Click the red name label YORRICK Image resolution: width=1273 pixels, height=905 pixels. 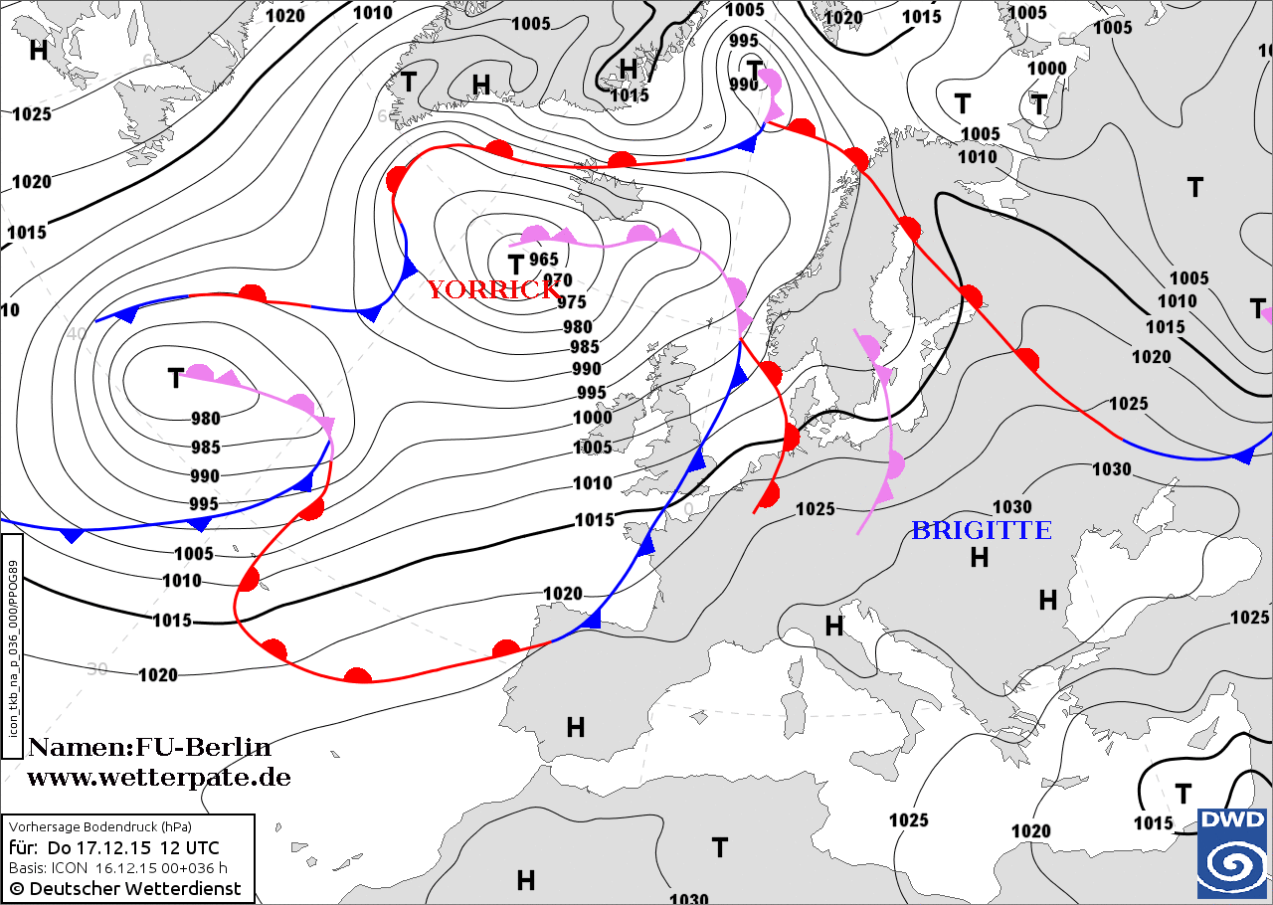click(493, 289)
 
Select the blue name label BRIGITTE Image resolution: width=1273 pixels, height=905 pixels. click(981, 531)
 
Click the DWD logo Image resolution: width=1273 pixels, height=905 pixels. click(1232, 852)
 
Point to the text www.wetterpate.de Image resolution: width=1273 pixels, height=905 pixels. click(158, 778)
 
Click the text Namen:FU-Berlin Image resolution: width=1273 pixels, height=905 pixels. click(149, 747)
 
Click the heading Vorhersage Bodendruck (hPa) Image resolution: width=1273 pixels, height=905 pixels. click(100, 826)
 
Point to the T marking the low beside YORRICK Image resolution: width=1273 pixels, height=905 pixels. click(515, 265)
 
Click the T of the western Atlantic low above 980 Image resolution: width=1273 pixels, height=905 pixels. click(176, 378)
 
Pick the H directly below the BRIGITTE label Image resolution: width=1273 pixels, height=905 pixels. click(980, 558)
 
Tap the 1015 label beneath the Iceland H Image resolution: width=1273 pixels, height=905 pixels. click(629, 95)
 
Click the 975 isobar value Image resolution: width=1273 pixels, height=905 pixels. click(571, 302)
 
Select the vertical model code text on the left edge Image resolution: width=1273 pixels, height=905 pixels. click(13, 647)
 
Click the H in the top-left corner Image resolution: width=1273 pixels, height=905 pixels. click(39, 50)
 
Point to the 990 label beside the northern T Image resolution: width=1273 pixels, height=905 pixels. click(742, 84)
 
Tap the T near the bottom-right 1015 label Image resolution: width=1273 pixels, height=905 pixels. click(1183, 794)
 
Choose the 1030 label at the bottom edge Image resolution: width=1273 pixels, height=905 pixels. click(688, 898)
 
